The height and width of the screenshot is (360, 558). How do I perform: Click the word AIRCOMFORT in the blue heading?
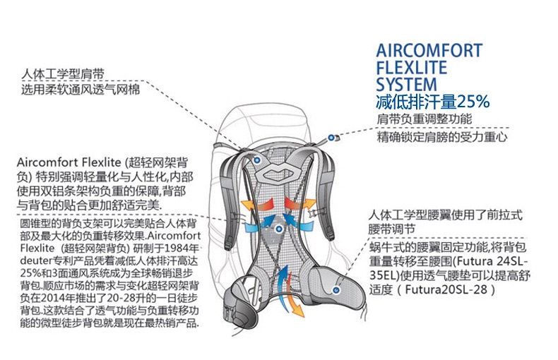[429, 51]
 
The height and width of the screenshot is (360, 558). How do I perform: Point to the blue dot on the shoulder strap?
[258, 162]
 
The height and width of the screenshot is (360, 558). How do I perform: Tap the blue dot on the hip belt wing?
[338, 289]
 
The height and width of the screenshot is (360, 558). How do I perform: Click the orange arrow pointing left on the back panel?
[251, 203]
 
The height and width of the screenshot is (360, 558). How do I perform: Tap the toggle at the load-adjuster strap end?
[329, 139]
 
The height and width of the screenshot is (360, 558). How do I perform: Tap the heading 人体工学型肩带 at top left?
[63, 74]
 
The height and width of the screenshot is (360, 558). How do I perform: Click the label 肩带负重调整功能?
[424, 119]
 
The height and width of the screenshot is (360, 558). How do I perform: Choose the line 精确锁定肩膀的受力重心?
[442, 138]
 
